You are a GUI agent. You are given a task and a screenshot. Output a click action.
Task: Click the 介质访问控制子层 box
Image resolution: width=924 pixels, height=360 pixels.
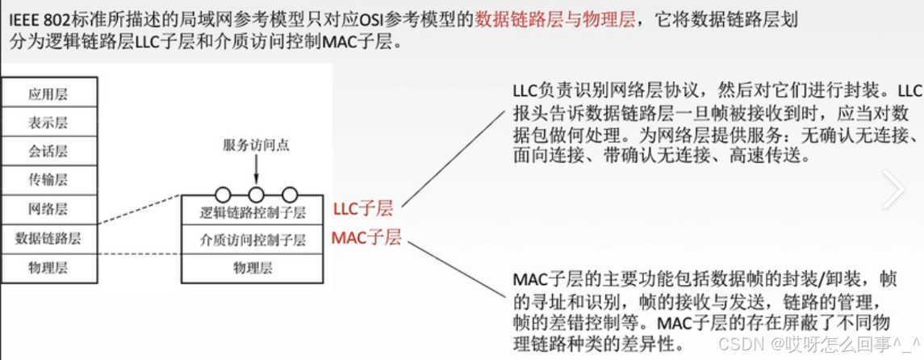[x=253, y=240]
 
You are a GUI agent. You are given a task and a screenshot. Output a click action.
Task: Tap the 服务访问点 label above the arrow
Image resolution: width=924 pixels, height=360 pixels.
[x=256, y=145]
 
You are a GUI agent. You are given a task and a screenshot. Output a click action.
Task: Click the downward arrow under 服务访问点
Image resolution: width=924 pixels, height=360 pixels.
[x=256, y=170]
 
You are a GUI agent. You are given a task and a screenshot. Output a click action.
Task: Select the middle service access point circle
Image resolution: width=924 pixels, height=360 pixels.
[x=256, y=195]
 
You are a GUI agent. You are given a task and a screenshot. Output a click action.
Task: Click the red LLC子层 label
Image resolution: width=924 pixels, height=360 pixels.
[x=362, y=209]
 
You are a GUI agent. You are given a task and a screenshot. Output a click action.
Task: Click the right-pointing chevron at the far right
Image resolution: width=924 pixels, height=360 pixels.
[x=893, y=189]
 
